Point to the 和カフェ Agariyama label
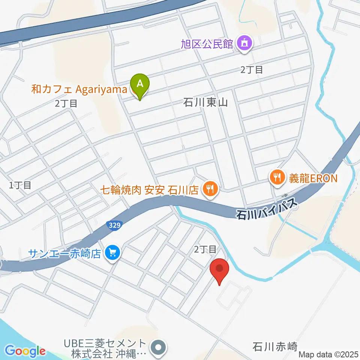click(80, 90)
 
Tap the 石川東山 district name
click(205, 102)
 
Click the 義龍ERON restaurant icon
click(277, 177)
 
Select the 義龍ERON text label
click(313, 177)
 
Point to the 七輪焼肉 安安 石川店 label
click(149, 190)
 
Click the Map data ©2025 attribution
click(328, 354)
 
